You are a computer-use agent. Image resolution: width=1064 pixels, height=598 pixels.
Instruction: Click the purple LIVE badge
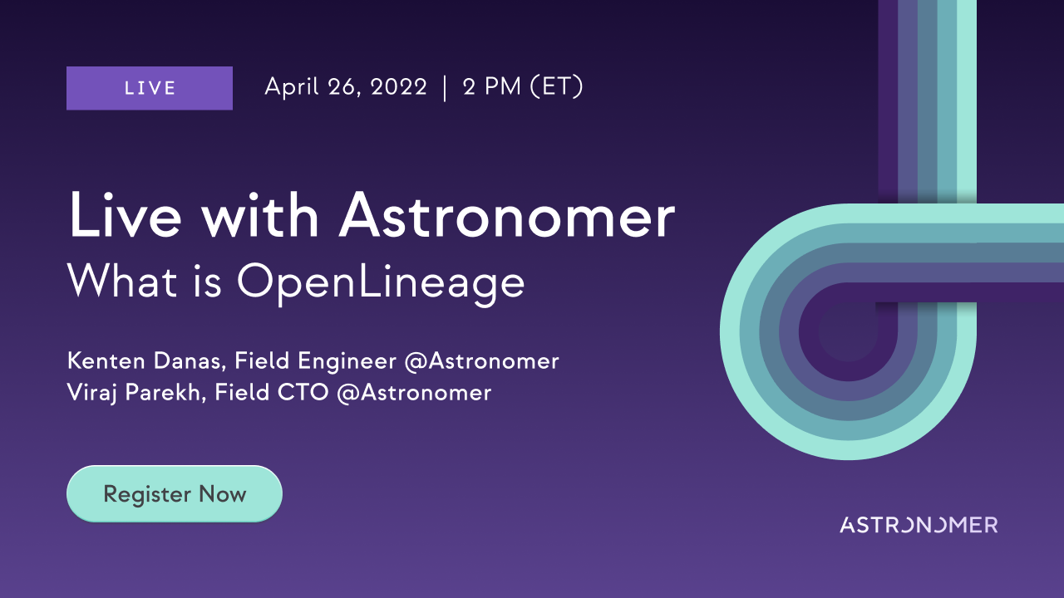150,88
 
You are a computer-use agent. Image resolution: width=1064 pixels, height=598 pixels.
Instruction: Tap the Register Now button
175,493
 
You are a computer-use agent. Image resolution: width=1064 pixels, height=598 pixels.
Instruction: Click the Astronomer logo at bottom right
919,525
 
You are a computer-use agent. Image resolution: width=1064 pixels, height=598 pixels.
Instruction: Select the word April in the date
292,87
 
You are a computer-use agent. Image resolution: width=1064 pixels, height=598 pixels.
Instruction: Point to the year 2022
398,87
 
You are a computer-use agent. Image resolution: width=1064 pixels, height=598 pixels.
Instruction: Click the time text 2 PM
491,87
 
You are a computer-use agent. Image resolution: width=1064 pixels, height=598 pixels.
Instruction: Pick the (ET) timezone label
556,87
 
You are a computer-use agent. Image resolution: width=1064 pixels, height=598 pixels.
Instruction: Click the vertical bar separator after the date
445,88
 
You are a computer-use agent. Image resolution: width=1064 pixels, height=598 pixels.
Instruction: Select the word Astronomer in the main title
506,216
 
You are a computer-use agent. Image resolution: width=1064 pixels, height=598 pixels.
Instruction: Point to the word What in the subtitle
122,281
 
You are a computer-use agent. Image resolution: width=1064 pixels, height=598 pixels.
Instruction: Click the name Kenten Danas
144,361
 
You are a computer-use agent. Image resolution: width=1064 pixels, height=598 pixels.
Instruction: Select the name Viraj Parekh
134,394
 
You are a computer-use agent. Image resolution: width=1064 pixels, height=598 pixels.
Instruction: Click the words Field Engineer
315,361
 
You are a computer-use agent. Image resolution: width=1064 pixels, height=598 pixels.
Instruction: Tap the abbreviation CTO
303,393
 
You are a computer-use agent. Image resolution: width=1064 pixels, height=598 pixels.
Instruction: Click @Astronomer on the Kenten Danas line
481,361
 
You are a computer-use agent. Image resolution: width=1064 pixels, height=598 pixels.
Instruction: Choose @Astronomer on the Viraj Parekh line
414,393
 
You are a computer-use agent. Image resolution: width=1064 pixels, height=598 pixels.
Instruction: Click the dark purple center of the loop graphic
849,332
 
